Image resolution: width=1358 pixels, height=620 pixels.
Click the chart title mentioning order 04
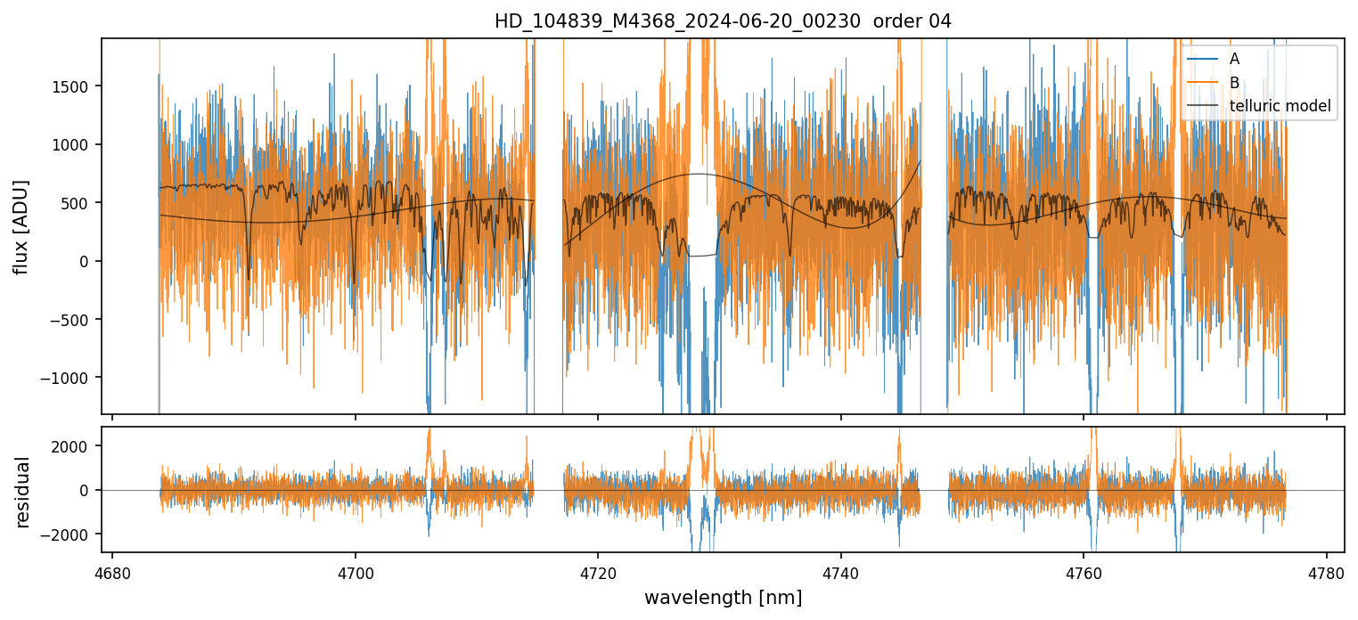point(723,21)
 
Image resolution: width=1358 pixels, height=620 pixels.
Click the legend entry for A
point(1234,59)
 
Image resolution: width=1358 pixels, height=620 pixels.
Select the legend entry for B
point(1234,83)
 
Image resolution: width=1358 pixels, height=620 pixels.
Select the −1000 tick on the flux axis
point(70,378)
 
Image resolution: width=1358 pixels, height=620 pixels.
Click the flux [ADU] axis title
point(20,226)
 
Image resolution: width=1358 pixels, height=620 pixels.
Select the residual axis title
point(20,490)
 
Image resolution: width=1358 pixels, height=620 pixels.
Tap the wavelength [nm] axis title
point(723,597)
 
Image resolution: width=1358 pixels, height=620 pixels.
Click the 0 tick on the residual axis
point(88,490)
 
